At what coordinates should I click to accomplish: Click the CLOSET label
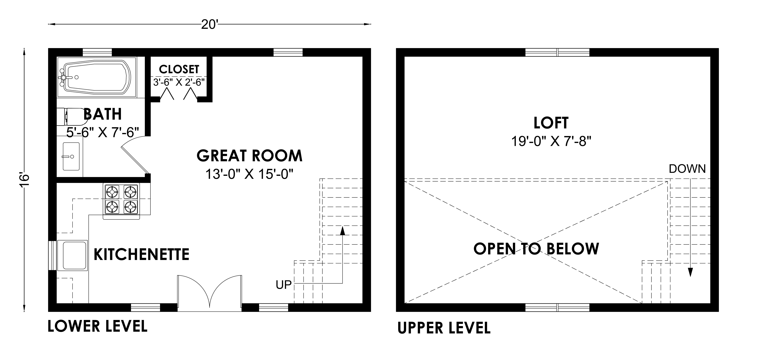point(179,69)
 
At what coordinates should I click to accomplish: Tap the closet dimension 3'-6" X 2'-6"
point(179,82)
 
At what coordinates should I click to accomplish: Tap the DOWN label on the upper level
point(687,169)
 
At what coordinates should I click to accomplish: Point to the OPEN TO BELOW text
point(536,249)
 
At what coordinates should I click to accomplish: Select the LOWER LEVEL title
point(97,326)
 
